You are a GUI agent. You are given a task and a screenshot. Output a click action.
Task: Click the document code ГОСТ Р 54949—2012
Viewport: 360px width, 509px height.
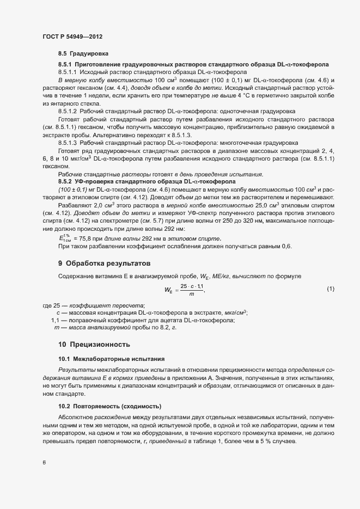pos(72,36)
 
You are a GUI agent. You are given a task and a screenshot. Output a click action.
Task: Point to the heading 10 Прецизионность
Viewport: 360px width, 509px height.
pos(94,345)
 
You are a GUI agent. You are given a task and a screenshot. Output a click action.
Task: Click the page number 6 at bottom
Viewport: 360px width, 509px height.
pos(44,463)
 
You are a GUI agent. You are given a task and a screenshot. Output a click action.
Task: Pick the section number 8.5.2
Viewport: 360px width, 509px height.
pos(65,181)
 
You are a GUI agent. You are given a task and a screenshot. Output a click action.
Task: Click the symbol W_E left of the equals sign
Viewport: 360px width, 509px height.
pos(168,290)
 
